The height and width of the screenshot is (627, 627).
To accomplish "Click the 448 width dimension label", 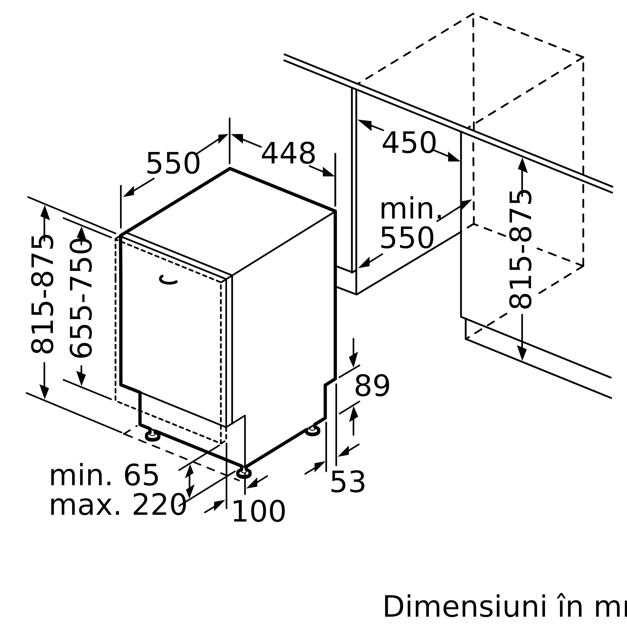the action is (x=288, y=154).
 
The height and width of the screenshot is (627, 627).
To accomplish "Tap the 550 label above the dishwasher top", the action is (x=173, y=164).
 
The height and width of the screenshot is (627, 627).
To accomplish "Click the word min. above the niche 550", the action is (x=411, y=208).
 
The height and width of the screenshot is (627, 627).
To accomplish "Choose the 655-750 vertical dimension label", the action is (x=81, y=298).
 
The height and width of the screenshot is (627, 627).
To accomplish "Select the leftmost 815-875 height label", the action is (x=42, y=295).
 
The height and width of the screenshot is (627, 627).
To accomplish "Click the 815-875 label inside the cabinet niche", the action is (x=520, y=250).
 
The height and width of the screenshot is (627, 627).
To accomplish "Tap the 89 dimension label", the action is (x=372, y=386).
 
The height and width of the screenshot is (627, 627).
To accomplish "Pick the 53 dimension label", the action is (x=348, y=482).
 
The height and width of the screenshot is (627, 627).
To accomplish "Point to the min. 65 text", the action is (x=104, y=476).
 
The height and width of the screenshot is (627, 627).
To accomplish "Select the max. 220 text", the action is (x=118, y=505).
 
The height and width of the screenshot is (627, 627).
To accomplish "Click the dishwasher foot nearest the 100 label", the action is (x=244, y=473).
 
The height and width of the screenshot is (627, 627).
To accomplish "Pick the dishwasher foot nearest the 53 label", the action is (x=313, y=430).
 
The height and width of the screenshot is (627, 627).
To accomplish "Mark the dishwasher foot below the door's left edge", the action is (x=153, y=436).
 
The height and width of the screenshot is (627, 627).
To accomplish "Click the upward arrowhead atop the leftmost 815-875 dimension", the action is (x=45, y=212).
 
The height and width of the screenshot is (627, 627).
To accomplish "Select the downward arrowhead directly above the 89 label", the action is (x=353, y=360).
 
